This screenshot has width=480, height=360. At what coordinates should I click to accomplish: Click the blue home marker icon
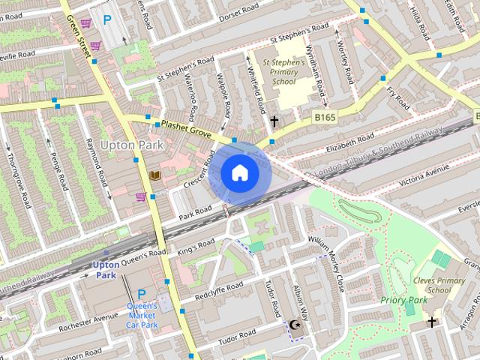pyautogui.click(x=239, y=173)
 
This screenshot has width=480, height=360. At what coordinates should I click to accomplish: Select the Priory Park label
pyautogui.click(x=404, y=300)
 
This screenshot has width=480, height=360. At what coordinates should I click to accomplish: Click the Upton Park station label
pyautogui.click(x=106, y=270)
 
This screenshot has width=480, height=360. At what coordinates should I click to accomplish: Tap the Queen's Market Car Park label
pyautogui.click(x=142, y=315)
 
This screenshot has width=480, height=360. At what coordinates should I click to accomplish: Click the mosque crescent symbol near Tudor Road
pyautogui.click(x=294, y=324)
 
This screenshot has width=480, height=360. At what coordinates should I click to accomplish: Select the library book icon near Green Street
pyautogui.click(x=154, y=175)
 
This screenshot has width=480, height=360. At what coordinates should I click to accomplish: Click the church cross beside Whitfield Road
pyautogui.click(x=274, y=120)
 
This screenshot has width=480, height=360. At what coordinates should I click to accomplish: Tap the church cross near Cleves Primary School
pyautogui.click(x=432, y=322)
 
